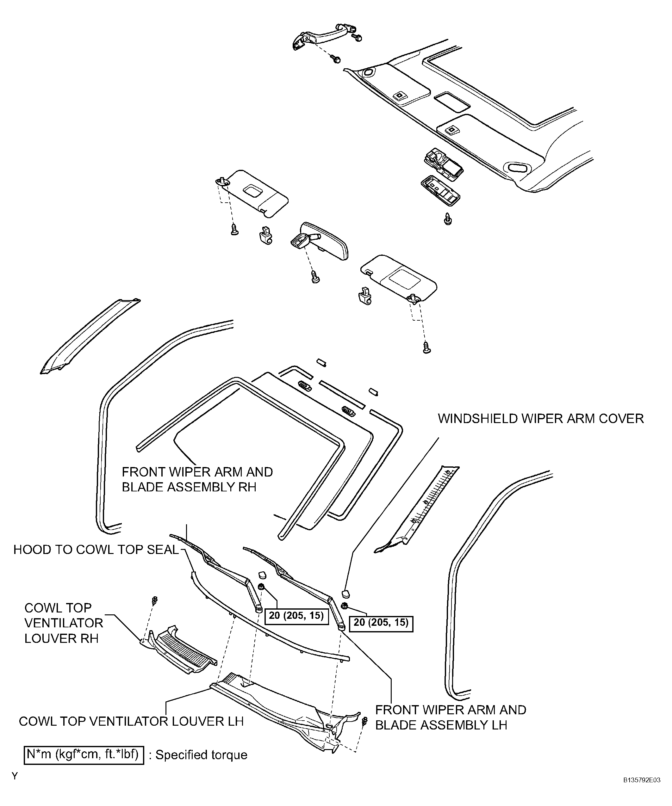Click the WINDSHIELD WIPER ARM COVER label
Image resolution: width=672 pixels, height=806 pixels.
tap(541, 418)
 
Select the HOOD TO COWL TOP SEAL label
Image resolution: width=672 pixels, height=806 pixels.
tap(96, 550)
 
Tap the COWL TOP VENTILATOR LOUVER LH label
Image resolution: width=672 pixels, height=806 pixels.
tap(131, 721)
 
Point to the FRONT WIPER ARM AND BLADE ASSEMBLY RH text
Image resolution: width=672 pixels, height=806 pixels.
tap(197, 479)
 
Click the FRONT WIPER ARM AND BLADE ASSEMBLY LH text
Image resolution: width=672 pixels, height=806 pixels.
tap(451, 717)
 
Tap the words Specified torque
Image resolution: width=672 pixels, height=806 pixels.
tap(201, 755)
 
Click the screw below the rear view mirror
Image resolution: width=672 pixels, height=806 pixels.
tap(315, 277)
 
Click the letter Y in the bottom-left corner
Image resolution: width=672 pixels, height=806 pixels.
tap(15, 776)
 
